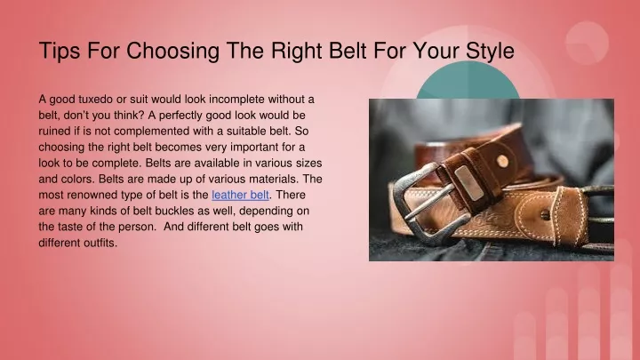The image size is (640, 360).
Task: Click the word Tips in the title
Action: click(x=60, y=51)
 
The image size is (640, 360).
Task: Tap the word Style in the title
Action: click(x=490, y=52)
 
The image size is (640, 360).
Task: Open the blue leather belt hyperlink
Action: click(x=240, y=195)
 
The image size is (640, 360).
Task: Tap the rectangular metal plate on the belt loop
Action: click(x=468, y=183)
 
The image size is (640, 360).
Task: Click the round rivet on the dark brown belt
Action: click(x=503, y=161)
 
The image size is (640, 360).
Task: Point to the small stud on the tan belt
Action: click(x=545, y=214)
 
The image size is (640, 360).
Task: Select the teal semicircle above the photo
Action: click(x=468, y=80)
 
